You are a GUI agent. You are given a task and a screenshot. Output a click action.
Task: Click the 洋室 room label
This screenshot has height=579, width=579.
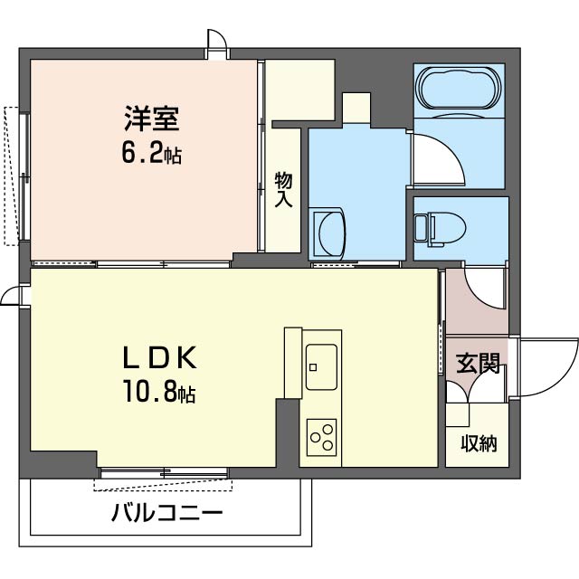click(152, 119)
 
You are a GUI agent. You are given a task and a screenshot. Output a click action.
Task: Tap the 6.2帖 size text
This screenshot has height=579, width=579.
click(152, 155)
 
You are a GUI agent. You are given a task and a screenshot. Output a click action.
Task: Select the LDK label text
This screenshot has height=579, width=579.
click(159, 357)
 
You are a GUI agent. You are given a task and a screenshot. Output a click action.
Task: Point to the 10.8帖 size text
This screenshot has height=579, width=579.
click(159, 392)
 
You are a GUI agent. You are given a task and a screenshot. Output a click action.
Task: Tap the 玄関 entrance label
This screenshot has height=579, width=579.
click(478, 364)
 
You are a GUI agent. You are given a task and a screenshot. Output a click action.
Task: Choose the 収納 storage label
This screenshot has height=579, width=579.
click(479, 443)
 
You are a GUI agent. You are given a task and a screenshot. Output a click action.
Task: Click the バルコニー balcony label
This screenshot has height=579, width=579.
click(167, 512)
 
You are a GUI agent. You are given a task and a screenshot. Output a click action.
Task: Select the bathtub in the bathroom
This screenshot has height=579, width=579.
click(459, 89)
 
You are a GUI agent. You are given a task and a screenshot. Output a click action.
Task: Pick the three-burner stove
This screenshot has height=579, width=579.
click(321, 437)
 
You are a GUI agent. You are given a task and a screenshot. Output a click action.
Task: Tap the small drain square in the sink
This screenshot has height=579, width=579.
click(313, 367)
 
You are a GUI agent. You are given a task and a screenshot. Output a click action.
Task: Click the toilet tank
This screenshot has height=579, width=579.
click(421, 229)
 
